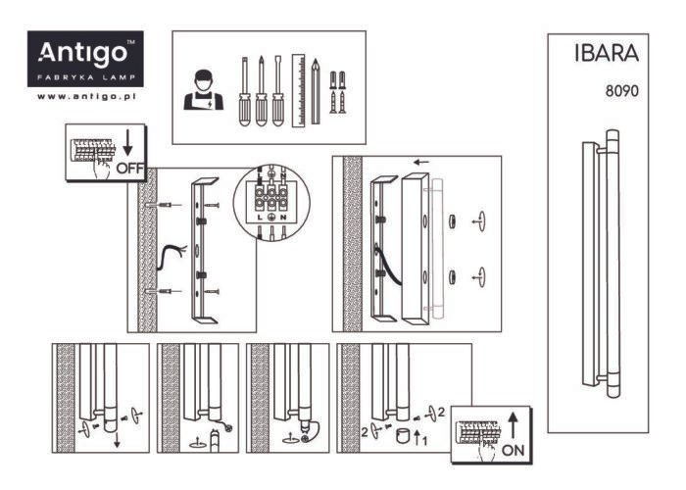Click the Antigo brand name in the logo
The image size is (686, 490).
[x=82, y=54]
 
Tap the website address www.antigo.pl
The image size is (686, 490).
[x=86, y=97]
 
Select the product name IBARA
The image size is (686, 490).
[x=607, y=53]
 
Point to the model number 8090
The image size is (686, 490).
[x=621, y=91]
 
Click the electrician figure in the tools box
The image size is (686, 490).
[x=204, y=90]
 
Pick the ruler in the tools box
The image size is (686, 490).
[x=298, y=90]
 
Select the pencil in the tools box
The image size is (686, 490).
[x=316, y=91]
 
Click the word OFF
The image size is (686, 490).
[x=130, y=168]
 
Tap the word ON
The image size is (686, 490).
[x=514, y=450]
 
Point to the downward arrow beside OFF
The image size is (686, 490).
[x=127, y=142]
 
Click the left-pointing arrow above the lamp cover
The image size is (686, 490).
[x=421, y=163]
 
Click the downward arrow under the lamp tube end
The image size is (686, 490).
[x=117, y=439]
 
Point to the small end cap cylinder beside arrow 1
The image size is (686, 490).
[x=403, y=436]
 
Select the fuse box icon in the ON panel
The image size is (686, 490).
[x=478, y=432]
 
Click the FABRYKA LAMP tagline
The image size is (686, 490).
[x=86, y=77]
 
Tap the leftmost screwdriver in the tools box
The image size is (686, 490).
[x=245, y=91]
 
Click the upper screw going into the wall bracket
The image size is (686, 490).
[x=212, y=205]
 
